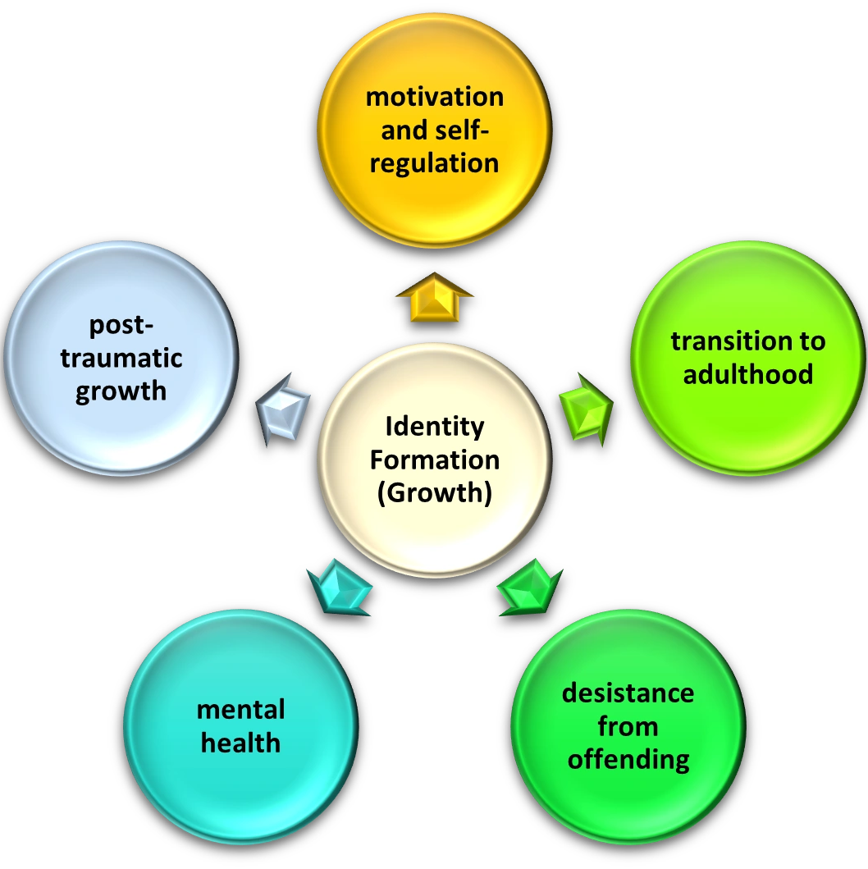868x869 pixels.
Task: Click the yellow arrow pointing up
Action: pyautogui.click(x=434, y=296)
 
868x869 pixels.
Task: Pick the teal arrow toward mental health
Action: pyautogui.click(x=338, y=585)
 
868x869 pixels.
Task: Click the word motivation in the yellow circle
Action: pyautogui.click(x=434, y=97)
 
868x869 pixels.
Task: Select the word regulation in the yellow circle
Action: pyautogui.click(x=434, y=162)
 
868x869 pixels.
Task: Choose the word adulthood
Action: pyautogui.click(x=747, y=374)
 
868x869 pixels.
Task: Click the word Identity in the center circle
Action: pyautogui.click(x=434, y=427)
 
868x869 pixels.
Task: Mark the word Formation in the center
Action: pyautogui.click(x=434, y=460)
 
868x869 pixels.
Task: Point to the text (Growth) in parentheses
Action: pyautogui.click(x=434, y=494)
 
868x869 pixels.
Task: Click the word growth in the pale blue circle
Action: pyautogui.click(x=121, y=391)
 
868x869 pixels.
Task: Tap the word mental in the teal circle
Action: pyautogui.click(x=240, y=710)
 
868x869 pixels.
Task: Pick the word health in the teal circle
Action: pyautogui.click(x=240, y=743)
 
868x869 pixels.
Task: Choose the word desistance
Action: pyautogui.click(x=628, y=693)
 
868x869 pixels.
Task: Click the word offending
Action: pyautogui.click(x=628, y=759)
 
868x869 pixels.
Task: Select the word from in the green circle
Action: pyautogui.click(x=628, y=726)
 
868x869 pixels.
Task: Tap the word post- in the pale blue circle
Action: pyautogui.click(x=121, y=325)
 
